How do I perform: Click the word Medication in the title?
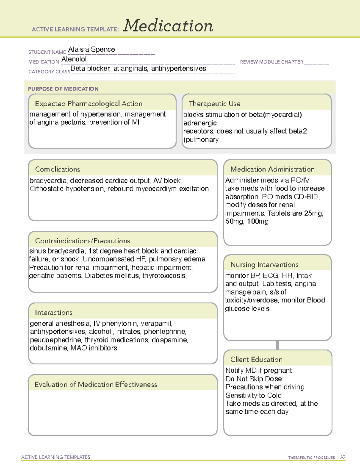168,26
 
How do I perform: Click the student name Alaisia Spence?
91,50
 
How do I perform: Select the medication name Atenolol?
74,59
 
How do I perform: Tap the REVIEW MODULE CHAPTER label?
271,62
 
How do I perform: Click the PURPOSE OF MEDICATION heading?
63,89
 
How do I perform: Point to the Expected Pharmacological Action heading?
88,104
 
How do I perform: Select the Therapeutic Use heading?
214,104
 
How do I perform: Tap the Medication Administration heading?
272,169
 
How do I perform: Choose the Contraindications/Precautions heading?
82,241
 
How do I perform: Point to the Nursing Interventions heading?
264,265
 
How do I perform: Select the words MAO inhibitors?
94,348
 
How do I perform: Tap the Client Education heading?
256,359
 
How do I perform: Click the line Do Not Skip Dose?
254,379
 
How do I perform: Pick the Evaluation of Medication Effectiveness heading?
96,384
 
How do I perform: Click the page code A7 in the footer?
343,457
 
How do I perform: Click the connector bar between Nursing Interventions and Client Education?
277,345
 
